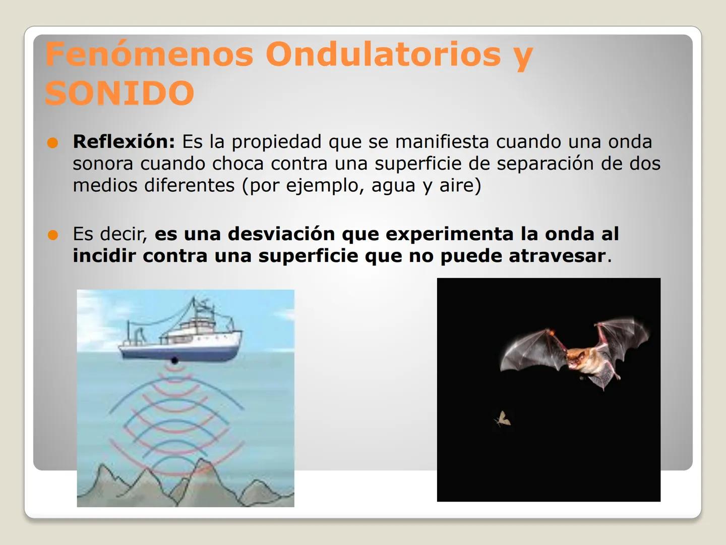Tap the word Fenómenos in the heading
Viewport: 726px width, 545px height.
pos(149,53)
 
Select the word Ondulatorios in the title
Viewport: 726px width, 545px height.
pos(383,53)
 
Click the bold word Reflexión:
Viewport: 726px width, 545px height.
pos(124,142)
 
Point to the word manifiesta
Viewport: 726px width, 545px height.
pos(442,142)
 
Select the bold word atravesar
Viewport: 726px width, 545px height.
pos(557,256)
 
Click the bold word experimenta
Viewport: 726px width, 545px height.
pos(450,235)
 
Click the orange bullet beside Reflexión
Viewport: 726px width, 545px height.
pos(52,143)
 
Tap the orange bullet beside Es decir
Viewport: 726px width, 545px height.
pos(52,235)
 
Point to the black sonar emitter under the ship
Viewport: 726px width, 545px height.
pos(174,360)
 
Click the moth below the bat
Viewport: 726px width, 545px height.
pos(503,419)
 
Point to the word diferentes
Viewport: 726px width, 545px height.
pos(190,185)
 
